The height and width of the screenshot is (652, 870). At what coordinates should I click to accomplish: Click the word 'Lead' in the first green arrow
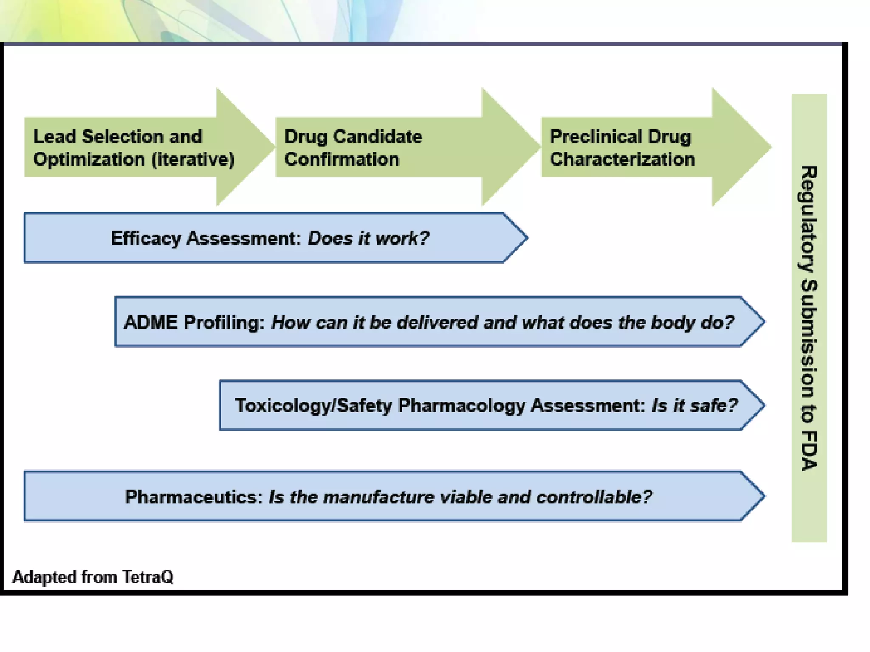(54, 137)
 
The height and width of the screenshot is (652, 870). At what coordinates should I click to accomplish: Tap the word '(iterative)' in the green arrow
(193, 160)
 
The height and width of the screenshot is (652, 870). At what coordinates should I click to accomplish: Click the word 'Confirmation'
(342, 160)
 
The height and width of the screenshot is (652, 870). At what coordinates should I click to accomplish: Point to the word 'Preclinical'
(595, 137)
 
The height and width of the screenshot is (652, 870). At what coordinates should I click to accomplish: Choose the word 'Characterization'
(622, 160)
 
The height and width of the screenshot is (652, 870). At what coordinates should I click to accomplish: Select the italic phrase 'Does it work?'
(368, 238)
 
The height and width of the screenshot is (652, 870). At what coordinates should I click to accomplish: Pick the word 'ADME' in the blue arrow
(150, 322)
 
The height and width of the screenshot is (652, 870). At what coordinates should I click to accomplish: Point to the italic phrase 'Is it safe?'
(695, 405)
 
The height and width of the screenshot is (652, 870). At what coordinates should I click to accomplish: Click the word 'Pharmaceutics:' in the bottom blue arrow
(194, 497)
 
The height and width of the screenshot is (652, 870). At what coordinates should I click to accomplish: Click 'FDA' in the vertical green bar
(809, 451)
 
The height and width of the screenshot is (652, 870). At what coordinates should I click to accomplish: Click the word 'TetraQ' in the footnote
(148, 577)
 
